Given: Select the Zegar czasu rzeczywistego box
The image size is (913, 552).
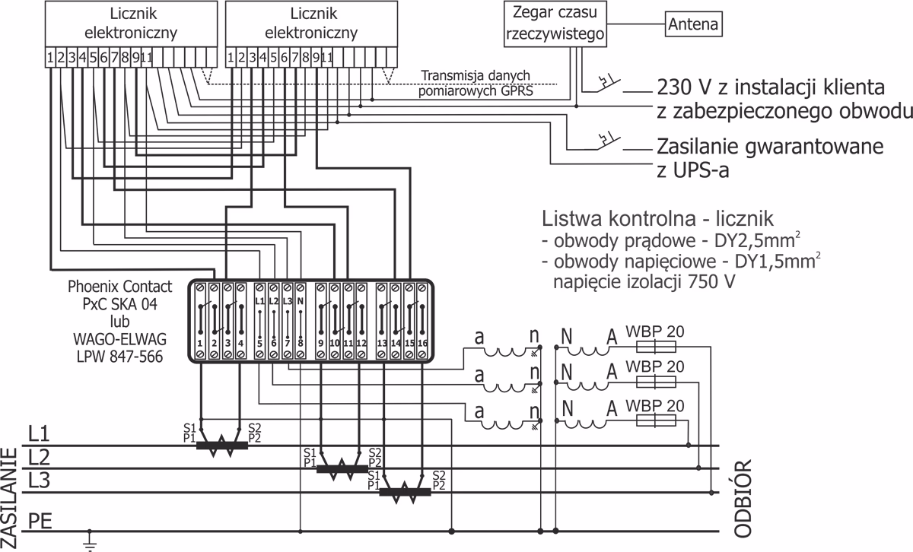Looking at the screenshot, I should tap(555, 24).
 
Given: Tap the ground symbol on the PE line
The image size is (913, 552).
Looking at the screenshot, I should tap(90, 541).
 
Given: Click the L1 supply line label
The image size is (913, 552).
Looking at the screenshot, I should tap(39, 434).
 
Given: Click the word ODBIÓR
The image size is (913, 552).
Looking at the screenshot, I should tap(745, 498).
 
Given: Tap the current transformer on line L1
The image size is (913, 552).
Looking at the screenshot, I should tap(221, 444).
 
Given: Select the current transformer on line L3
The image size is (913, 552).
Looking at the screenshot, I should tap(405, 493).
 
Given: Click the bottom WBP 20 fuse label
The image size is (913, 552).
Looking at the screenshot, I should tap(655, 403).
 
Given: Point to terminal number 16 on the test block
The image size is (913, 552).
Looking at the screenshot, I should tap(423, 344).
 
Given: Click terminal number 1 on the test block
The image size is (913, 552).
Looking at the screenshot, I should tap(199, 344).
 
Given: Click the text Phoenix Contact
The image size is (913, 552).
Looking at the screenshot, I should tap(119, 287).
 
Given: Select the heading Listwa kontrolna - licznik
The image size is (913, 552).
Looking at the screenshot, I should tap(657, 220).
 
